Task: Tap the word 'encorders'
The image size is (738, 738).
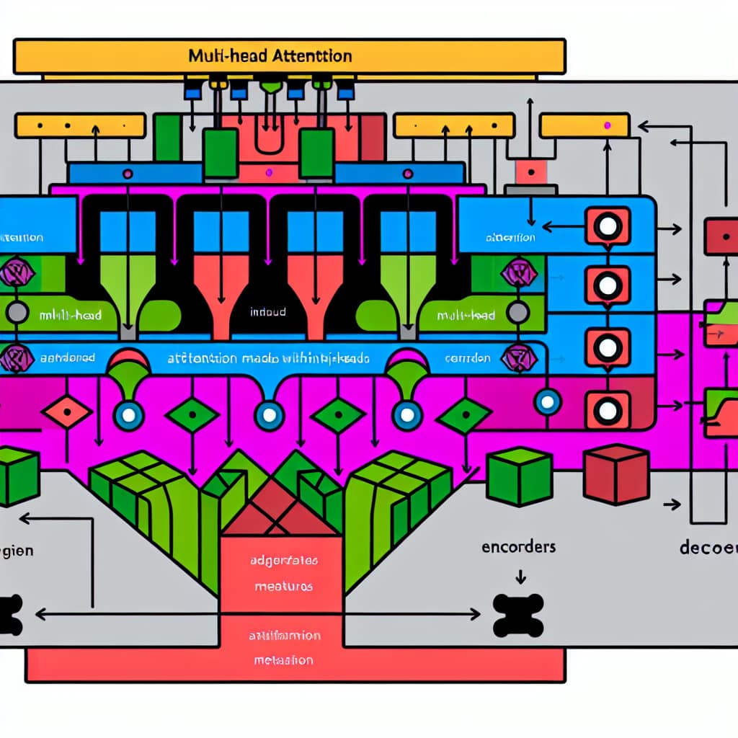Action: tap(518, 546)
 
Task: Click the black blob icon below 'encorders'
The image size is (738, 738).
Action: tap(517, 615)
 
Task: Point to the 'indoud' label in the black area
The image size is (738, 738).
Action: tap(267, 312)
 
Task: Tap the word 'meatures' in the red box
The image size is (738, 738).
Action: tap(283, 586)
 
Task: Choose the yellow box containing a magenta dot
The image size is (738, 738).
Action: tap(584, 126)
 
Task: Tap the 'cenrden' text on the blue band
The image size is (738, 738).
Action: tap(467, 357)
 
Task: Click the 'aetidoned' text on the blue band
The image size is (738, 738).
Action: tap(68, 357)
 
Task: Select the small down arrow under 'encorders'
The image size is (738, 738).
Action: tap(518, 575)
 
